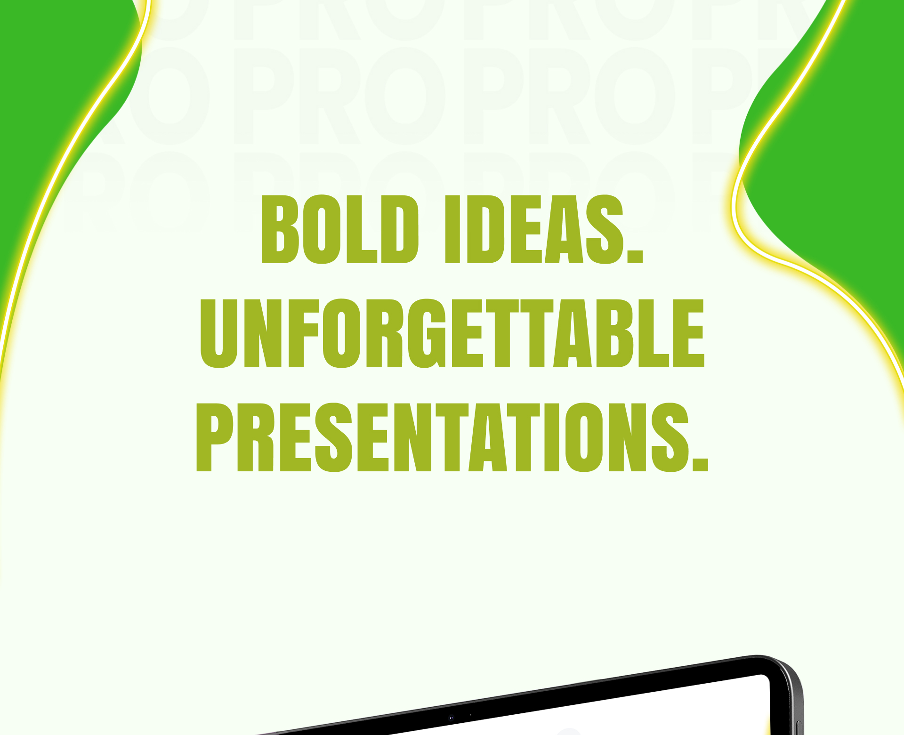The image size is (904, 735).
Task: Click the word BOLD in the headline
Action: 339,229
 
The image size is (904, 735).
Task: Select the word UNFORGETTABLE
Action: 452,333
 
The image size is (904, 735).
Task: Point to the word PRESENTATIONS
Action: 452,437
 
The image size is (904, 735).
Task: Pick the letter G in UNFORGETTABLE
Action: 427,333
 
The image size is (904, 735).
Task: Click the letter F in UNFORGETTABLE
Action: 303,333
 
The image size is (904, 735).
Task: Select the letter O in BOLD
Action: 322,229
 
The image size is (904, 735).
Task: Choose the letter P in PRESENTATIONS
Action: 215,437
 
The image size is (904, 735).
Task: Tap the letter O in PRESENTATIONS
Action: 584,437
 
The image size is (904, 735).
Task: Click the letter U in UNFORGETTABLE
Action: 219,333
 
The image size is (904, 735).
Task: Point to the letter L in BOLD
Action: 362,229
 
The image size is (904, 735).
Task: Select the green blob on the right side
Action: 829,155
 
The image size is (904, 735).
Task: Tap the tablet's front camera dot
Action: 451,718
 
